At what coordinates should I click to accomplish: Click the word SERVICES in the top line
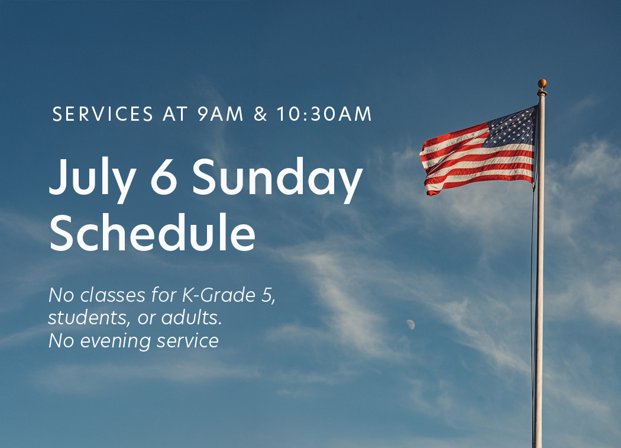pos(102,114)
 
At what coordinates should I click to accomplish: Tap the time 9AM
pos(221,114)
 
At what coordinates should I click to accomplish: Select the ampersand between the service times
pos(261,114)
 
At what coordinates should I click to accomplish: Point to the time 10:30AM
pos(324,114)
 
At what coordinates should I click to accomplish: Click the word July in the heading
pos(93,178)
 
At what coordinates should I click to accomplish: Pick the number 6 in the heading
pos(164,177)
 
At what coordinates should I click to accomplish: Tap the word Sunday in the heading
pos(277,178)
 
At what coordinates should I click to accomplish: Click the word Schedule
pos(152,232)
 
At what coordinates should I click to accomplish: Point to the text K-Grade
pos(219,295)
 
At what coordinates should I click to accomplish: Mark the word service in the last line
pos(187,341)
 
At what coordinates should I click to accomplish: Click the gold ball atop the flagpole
pos(542,83)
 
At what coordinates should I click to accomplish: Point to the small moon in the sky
pos(411,325)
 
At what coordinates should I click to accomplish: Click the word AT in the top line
pos(174,114)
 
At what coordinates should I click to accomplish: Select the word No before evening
pos(62,341)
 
